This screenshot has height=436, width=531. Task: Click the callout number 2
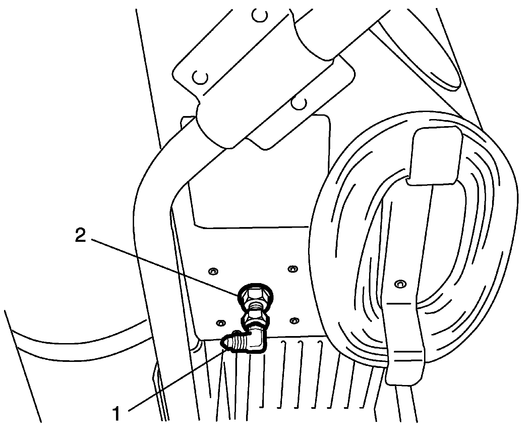tap(80, 236)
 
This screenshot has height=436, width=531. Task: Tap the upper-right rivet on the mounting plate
tap(292, 260)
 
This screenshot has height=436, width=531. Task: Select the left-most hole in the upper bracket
tap(200, 78)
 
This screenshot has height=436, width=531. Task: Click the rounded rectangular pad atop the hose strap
tap(434, 155)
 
